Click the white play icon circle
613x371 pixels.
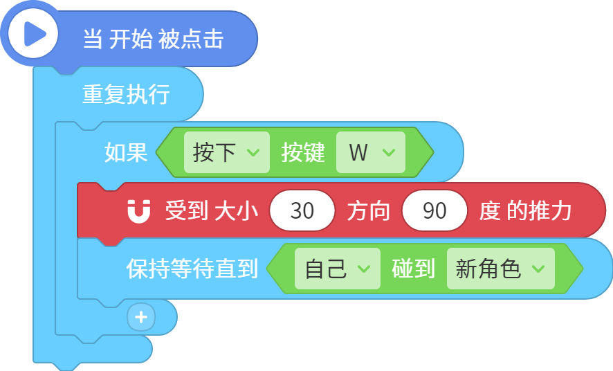(33, 34)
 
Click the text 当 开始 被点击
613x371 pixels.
(153, 39)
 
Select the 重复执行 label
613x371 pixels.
(126, 94)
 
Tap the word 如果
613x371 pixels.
(126, 152)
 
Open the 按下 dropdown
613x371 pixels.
(227, 152)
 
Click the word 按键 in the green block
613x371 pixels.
(303, 152)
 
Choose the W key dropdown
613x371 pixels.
(371, 152)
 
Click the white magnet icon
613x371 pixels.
(139, 212)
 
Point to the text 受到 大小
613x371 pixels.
(212, 210)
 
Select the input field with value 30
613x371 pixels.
(302, 210)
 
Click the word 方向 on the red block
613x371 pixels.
(368, 210)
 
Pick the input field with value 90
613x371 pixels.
(434, 210)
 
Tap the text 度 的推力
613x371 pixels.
(525, 210)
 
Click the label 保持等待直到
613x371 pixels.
(192, 269)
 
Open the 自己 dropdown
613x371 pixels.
(338, 269)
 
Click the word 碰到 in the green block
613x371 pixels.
(414, 269)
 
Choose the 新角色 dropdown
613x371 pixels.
(501, 269)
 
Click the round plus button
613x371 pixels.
(141, 317)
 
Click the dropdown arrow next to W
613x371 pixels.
(389, 152)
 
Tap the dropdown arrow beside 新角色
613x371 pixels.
(538, 269)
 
